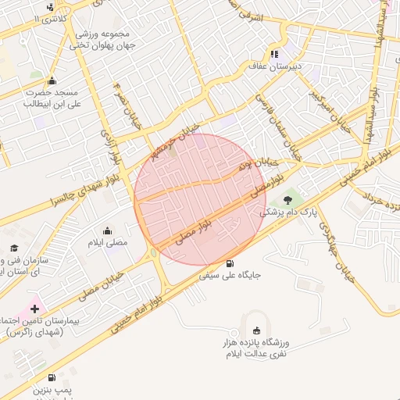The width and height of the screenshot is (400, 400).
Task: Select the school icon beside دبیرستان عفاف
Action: [x=273, y=54]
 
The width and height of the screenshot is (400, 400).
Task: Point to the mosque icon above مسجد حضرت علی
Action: [x=52, y=80]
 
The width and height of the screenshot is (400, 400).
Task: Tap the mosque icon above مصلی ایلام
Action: [x=107, y=230]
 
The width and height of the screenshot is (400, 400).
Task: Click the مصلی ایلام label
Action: [x=106, y=243]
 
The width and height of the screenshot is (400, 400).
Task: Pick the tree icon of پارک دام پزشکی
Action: [x=287, y=200]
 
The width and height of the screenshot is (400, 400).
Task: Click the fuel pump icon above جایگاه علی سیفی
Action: [x=229, y=263]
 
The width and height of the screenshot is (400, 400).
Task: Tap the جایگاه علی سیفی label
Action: [x=230, y=275]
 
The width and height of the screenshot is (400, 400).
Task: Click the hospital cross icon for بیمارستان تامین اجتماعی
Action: [x=34, y=309]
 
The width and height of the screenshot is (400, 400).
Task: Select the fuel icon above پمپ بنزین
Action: [x=52, y=377]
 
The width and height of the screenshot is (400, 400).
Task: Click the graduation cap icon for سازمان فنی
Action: [x=13, y=248]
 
